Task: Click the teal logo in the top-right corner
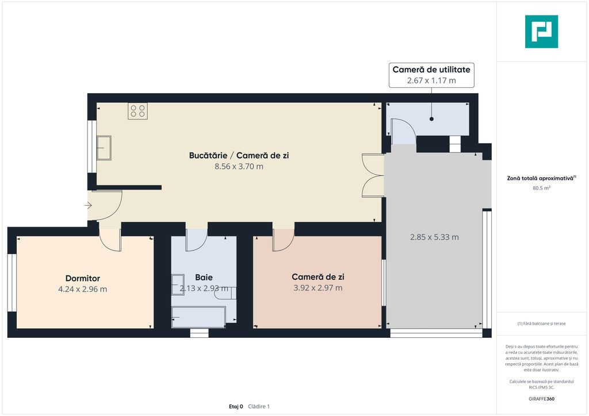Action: coord(541,32)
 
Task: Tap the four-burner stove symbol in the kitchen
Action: coord(137,111)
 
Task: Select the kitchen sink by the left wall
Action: coord(104,148)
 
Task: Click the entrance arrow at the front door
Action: coord(88,205)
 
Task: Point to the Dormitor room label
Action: coord(83,278)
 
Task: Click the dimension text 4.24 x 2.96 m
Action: coord(83,289)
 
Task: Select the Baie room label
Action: coord(204,278)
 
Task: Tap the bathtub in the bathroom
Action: coord(198,317)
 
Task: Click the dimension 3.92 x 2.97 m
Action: coord(318,288)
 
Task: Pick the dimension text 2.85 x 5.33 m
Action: coord(434,237)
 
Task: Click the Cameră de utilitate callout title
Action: coord(431,70)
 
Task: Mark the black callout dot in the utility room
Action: coord(431,119)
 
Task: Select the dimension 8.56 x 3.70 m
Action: coord(239,167)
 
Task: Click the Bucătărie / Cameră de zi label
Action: coord(239,155)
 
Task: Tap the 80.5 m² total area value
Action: coord(541,188)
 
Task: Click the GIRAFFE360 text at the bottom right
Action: coord(541,399)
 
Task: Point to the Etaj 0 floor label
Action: coord(236,406)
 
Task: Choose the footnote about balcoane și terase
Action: coord(541,323)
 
